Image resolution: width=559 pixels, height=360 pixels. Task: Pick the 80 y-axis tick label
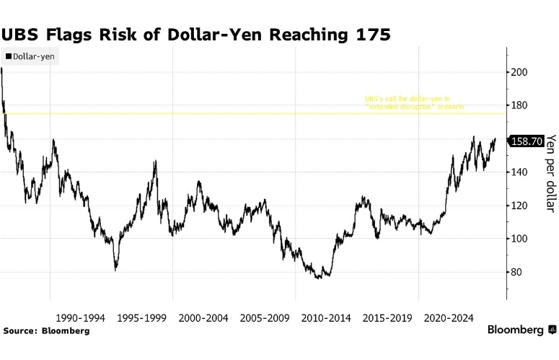pyautogui.click(x=518, y=272)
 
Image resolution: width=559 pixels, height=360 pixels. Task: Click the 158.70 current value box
pyautogui.click(x=526, y=141)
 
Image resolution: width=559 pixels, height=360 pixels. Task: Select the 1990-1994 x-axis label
pyautogui.click(x=80, y=317)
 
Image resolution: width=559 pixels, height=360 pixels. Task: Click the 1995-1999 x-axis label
pyautogui.click(x=141, y=317)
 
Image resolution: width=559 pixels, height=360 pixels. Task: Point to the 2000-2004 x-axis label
pyautogui.click(x=203, y=317)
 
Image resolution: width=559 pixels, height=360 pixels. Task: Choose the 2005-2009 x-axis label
pyautogui.click(x=264, y=317)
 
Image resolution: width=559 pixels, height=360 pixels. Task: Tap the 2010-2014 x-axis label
pyautogui.click(x=325, y=317)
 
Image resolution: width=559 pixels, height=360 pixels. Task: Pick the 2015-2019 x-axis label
pyautogui.click(x=387, y=317)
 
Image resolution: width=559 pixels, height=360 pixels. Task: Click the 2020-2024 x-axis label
pyautogui.click(x=448, y=317)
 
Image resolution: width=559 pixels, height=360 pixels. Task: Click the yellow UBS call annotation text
pyautogui.click(x=414, y=102)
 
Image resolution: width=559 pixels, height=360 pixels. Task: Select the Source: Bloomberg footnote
pyautogui.click(x=46, y=330)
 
